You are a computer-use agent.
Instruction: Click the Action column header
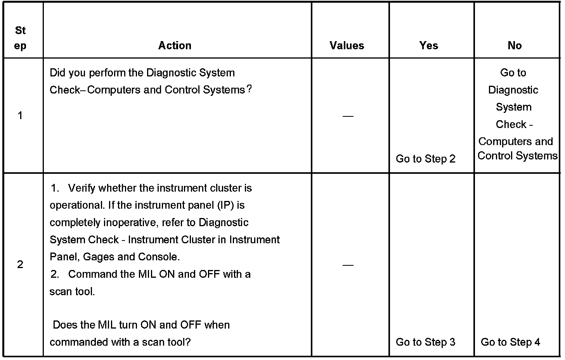(x=175, y=45)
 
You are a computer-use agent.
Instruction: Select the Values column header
(x=347, y=45)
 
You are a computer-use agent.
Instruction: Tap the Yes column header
(x=429, y=45)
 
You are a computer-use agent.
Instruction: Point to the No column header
(x=515, y=45)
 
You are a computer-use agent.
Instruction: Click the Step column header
(x=21, y=38)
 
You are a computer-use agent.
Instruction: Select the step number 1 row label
(x=20, y=115)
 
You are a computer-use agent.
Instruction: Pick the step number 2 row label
(x=20, y=265)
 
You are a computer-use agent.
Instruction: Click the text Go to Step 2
(x=425, y=159)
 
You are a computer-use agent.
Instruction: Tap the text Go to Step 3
(x=425, y=342)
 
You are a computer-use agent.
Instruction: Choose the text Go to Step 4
(x=510, y=342)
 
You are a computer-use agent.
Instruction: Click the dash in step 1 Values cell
(x=348, y=116)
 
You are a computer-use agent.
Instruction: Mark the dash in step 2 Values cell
(x=348, y=265)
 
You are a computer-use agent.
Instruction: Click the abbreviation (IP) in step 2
(x=226, y=205)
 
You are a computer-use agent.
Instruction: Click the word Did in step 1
(x=58, y=73)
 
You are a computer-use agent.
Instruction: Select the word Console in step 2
(x=158, y=257)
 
